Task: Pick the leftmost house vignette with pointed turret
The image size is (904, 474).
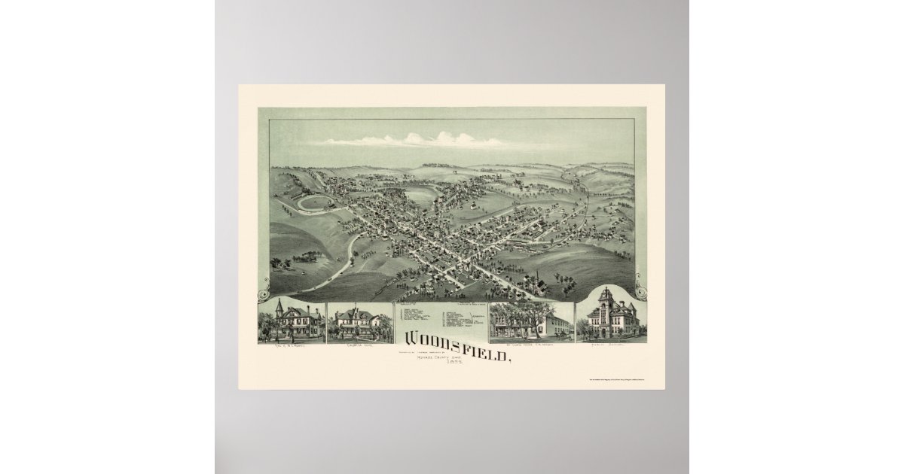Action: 291,321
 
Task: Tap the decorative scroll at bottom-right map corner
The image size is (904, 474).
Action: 640,293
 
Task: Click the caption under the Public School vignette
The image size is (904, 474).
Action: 607,346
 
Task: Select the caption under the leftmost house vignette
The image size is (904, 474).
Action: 291,346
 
